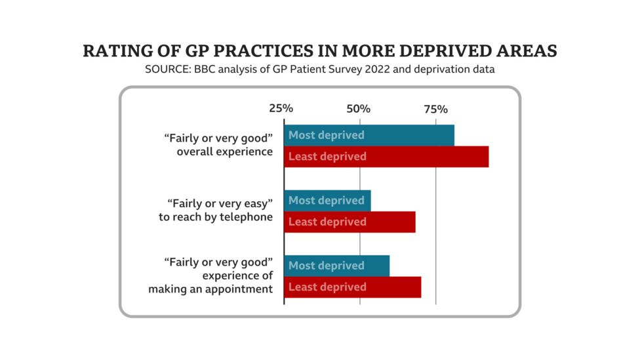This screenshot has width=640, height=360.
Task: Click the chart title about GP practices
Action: tap(320, 51)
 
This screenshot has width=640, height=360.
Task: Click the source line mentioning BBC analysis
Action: tap(320, 70)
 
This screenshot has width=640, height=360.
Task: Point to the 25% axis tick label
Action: tap(281, 108)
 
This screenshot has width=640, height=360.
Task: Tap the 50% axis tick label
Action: tap(359, 108)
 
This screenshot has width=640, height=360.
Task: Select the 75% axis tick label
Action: tap(435, 108)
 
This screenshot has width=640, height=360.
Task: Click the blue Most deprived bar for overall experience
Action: tap(369, 135)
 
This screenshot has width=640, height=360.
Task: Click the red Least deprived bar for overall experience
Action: tap(386, 157)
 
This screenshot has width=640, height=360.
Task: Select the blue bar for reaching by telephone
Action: tap(327, 201)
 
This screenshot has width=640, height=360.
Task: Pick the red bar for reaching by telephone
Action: tap(350, 222)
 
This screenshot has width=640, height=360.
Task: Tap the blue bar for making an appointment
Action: tap(336, 266)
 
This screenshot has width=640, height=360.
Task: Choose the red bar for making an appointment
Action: tap(352, 287)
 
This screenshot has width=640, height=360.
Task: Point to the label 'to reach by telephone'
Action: tap(216, 217)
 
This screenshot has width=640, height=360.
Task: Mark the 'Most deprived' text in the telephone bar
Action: tap(326, 201)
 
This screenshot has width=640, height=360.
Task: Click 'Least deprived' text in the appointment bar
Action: tap(327, 287)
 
